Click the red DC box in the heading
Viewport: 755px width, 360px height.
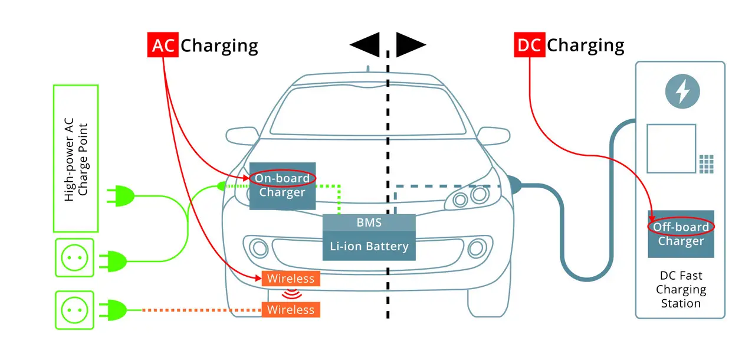(530, 45)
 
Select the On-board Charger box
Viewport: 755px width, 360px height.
(283, 185)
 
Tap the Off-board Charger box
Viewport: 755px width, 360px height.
(681, 234)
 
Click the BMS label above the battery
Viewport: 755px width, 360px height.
(369, 223)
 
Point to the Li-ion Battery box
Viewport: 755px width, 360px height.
(369, 246)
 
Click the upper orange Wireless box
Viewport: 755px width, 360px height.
(291, 278)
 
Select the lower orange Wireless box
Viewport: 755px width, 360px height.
(291, 309)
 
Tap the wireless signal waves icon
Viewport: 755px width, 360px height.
(291, 294)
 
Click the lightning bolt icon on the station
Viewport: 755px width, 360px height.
(682, 91)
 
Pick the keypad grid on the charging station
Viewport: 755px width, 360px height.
(706, 164)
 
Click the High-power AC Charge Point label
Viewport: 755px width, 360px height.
(75, 158)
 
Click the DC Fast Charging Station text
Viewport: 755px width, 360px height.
(680, 290)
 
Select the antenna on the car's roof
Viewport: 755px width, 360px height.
(367, 69)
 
